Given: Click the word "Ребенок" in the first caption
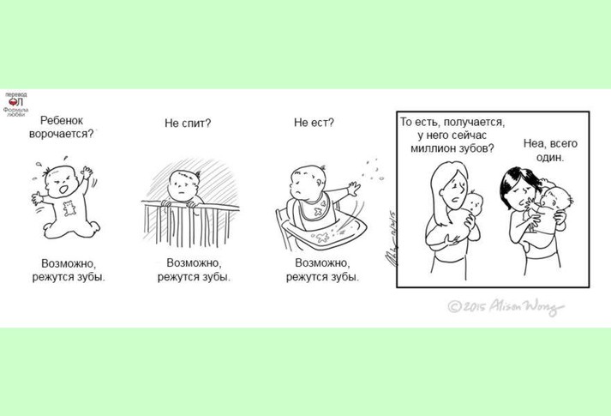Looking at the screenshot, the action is (62, 120).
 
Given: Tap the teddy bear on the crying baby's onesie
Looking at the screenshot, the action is (69, 208).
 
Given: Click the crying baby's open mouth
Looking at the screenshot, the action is (63, 190).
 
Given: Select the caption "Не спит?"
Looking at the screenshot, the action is (188, 124).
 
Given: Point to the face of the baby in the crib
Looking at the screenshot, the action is (183, 185).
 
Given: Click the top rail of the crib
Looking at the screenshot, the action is (190, 205).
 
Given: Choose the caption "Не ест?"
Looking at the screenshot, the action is (314, 123).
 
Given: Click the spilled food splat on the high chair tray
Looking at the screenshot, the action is (322, 237).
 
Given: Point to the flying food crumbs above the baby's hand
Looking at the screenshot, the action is (373, 170).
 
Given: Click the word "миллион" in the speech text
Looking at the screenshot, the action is (429, 148).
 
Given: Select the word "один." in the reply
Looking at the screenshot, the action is (550, 158).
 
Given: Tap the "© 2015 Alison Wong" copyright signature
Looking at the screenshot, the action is (506, 306).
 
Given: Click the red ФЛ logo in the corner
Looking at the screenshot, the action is (16, 102).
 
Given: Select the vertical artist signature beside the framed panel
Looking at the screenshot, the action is (390, 238).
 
